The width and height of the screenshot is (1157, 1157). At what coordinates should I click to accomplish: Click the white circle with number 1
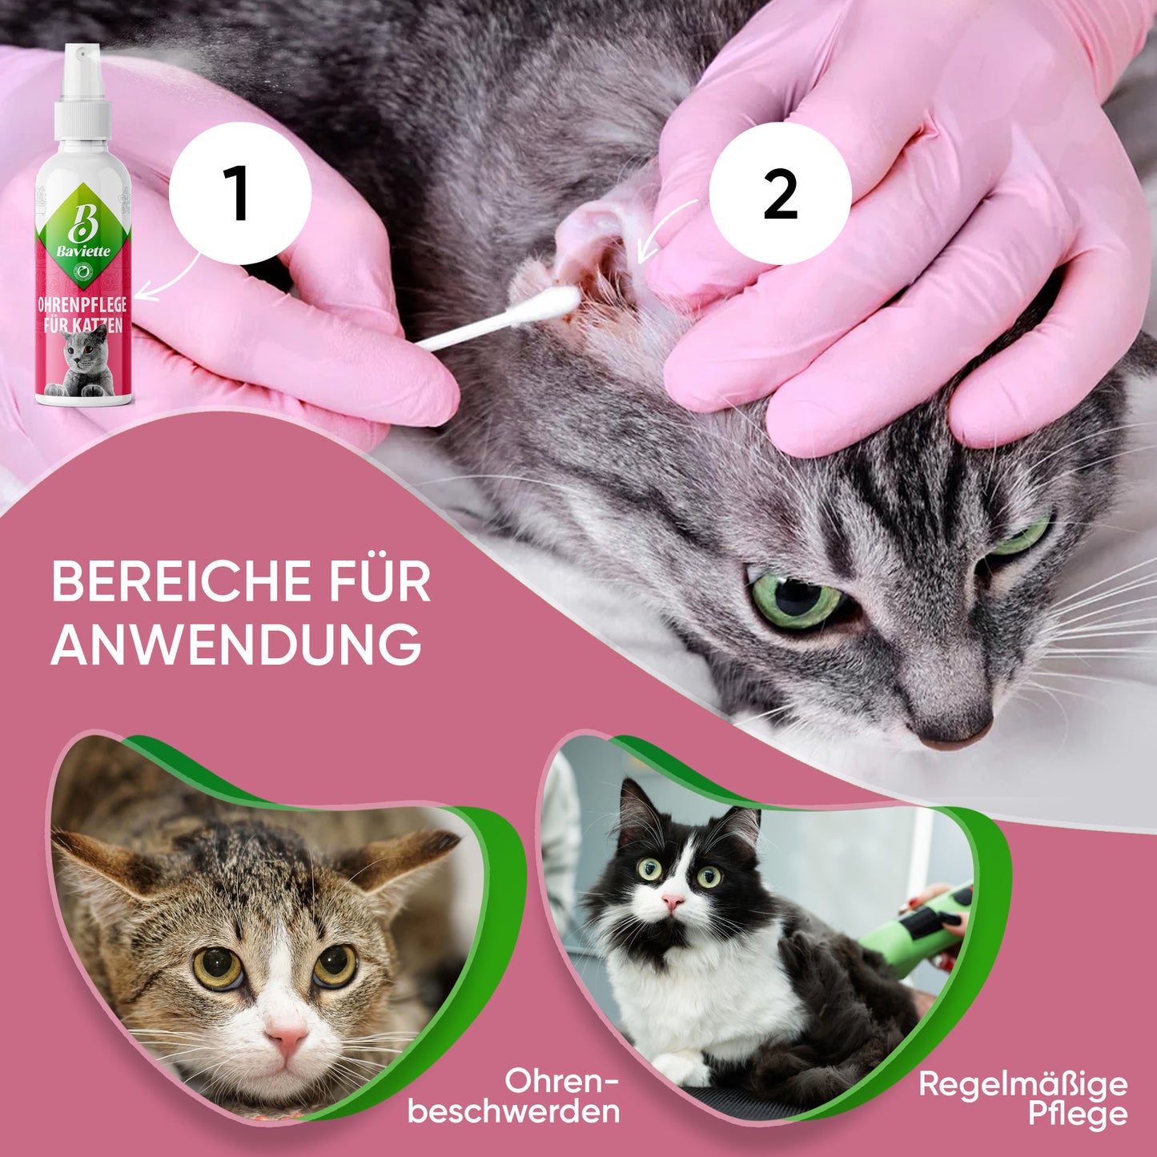tap(240, 193)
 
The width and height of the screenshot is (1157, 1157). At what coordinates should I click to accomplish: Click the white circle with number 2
tap(780, 193)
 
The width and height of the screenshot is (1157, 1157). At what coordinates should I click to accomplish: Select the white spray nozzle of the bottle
tap(82, 90)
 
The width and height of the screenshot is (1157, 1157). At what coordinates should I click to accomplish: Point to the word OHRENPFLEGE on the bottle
tap(82, 304)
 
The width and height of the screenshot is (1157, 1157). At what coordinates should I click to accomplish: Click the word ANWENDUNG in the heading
tap(236, 645)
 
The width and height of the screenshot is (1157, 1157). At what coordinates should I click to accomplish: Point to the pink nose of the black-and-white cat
tap(673, 901)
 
